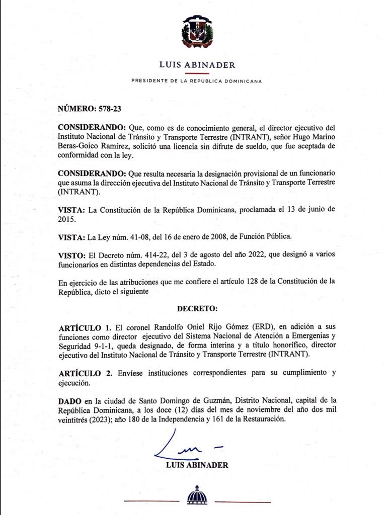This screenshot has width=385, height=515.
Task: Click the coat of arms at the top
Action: (197, 31)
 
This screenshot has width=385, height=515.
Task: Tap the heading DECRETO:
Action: (197, 308)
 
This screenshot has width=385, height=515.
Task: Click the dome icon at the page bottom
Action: (197, 495)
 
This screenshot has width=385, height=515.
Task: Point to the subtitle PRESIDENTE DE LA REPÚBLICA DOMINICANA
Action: (196, 81)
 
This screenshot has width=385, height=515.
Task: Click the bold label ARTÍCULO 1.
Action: (85, 327)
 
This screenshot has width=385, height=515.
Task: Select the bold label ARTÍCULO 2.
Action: (85, 373)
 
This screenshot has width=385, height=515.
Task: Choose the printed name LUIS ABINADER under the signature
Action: (197, 465)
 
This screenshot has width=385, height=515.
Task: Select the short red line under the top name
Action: (197, 73)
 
